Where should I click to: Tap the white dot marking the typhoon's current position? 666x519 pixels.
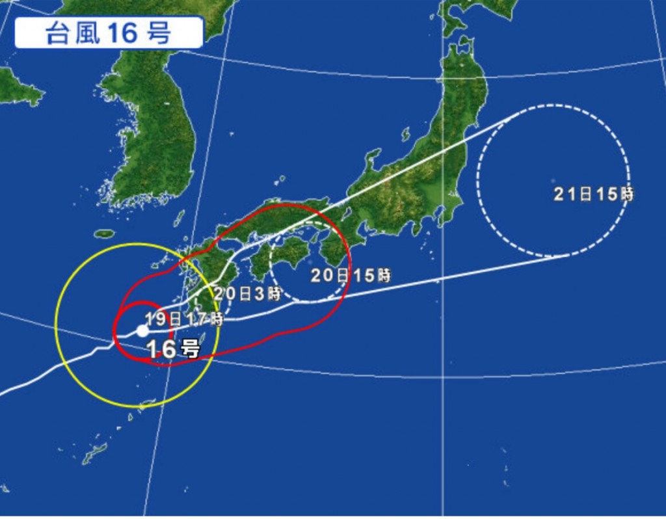142,330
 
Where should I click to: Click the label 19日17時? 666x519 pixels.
184,319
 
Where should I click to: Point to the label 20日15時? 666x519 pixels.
351,275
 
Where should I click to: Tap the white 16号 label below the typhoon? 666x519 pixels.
173,349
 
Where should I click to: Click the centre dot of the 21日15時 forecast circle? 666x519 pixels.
552,180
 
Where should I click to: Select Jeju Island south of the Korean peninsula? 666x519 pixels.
104,233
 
